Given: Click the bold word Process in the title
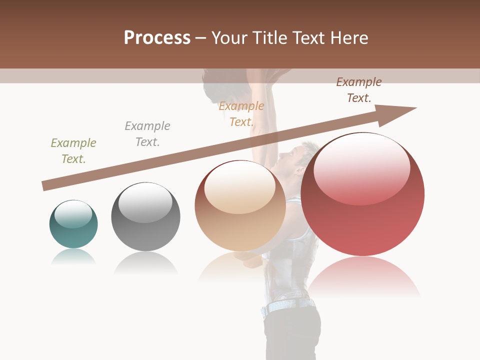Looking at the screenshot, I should [157, 38].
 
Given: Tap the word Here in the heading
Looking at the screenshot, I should [348, 38].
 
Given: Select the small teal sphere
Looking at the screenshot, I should [73, 224].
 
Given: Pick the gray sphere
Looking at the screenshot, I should [145, 217].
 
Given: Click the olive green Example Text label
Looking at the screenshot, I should [73, 151].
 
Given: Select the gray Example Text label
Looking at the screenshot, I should [147, 134].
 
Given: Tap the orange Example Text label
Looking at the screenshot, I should [241, 114].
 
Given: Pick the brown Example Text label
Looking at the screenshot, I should [358, 90].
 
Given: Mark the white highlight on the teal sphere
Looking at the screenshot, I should [73, 214].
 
